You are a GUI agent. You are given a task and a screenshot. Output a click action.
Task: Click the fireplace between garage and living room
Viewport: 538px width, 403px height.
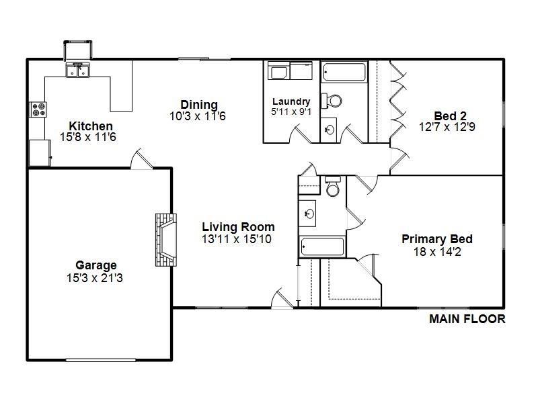166,240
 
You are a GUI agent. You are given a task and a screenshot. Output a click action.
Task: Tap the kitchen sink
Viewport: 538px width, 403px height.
77,70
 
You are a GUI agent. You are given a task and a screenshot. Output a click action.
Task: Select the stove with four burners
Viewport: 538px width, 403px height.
38,109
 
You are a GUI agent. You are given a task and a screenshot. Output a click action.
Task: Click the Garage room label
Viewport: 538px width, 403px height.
96,265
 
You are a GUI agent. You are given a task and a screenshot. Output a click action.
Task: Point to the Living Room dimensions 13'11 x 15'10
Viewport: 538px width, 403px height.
237,239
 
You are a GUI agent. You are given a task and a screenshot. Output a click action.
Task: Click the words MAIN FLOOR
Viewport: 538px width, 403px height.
467,319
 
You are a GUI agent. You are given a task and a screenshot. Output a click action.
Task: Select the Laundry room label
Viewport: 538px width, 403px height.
291,101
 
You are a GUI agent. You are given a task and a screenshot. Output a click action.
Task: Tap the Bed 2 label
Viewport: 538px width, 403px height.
450,116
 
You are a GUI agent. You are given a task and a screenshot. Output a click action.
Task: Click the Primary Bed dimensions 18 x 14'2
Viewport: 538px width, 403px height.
437,252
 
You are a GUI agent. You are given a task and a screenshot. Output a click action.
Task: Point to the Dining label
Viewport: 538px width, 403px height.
199,105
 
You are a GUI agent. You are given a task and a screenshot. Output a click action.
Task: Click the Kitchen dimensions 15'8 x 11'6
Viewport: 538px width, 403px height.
88,137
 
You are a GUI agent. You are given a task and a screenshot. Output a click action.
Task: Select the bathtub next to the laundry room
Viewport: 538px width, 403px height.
344,72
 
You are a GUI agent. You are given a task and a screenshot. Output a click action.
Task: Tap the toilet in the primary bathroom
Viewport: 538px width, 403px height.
332,186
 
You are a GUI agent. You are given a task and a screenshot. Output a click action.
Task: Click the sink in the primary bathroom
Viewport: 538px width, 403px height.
308,214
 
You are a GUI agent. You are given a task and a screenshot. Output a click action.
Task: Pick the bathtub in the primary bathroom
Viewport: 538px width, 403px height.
322,247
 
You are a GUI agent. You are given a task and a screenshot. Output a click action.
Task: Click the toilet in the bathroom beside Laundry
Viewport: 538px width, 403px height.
332,101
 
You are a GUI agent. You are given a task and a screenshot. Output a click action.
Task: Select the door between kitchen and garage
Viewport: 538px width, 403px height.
142,159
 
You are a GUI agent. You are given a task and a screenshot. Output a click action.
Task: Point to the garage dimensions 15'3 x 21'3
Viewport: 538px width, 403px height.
95,278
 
